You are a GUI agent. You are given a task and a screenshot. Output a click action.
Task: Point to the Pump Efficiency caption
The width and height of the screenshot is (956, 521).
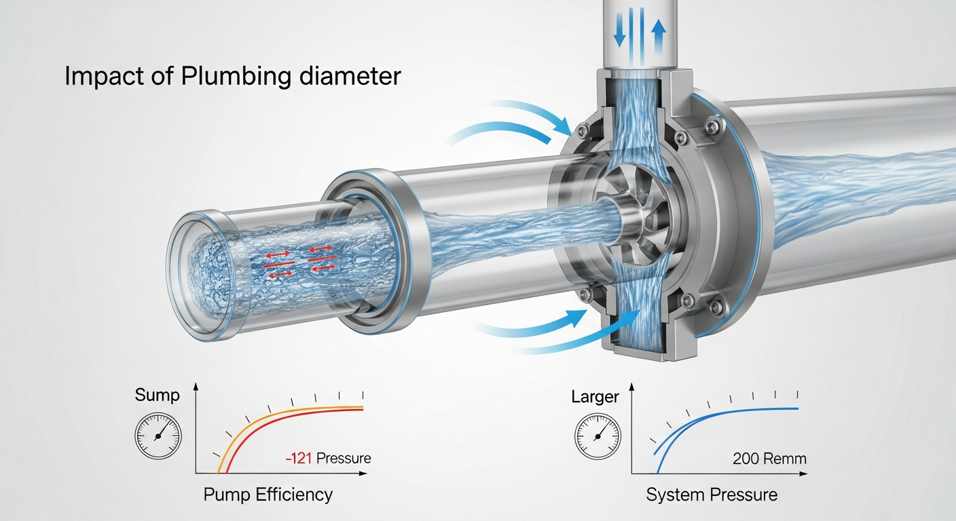point(268,495)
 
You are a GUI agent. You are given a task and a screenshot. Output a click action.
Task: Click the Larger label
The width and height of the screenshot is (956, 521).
point(596,397)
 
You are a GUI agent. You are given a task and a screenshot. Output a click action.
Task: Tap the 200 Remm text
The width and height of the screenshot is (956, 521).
point(769,458)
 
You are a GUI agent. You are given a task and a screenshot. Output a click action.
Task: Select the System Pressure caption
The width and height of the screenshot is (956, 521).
point(712,495)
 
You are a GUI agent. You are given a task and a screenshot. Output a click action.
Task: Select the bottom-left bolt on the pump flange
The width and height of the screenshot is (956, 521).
point(583,294)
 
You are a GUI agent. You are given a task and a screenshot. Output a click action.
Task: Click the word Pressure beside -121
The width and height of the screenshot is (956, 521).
point(344,458)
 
